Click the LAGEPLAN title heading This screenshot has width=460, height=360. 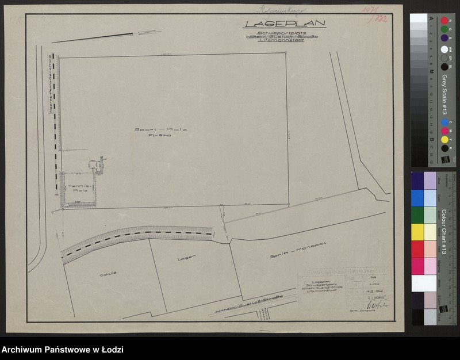click(x=285, y=24)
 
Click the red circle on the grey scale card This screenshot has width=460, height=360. click(x=444, y=20)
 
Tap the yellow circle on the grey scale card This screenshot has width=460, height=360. click(x=444, y=140)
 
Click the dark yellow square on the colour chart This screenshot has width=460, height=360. click(x=417, y=232)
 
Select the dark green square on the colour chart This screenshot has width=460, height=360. click(x=417, y=215)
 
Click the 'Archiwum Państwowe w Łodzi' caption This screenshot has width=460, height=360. click(x=63, y=350)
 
